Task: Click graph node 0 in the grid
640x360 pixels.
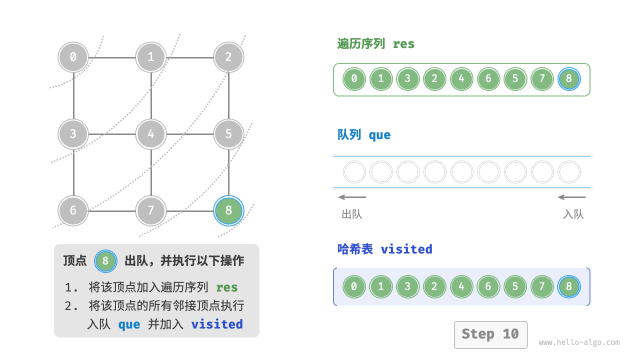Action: coord(73,57)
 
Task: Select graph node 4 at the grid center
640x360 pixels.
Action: coord(151,134)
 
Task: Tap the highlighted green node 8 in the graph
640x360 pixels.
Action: coord(228,210)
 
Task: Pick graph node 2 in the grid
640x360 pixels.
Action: coord(228,57)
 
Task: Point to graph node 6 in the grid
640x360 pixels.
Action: coord(73,210)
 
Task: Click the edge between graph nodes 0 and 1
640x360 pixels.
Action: coord(112,57)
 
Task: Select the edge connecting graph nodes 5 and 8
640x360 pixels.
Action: coord(228,172)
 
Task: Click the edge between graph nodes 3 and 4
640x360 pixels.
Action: coord(112,134)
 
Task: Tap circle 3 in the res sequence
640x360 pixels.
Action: coord(408,78)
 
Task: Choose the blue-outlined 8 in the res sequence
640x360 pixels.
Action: coord(569,78)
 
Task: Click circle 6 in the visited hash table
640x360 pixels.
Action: coord(488,286)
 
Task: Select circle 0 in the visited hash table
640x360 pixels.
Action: coord(354,286)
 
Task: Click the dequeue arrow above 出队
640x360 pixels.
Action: coord(352,197)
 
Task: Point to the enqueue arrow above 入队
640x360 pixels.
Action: coord(572,197)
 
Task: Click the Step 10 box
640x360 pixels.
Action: coord(490,334)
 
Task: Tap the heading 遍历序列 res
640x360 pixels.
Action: coord(376,44)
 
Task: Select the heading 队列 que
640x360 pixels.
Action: coord(364,135)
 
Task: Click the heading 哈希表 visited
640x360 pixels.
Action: coord(384,249)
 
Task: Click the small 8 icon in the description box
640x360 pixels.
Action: coord(105,260)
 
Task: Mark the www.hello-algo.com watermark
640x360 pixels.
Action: coord(579,342)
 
